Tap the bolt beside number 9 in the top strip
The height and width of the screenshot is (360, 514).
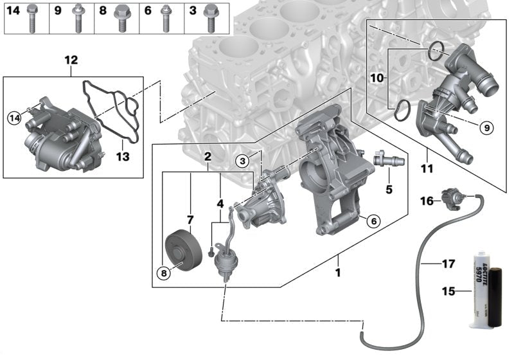[x=77, y=17]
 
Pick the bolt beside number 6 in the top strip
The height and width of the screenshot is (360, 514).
[x=166, y=17]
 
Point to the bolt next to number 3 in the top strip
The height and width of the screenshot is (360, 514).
[x=209, y=17]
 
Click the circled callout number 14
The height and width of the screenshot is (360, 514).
[x=14, y=117]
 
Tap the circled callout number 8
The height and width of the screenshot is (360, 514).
[x=164, y=273]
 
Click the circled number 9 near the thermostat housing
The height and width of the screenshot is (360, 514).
[x=486, y=128]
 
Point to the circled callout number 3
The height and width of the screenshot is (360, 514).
[x=241, y=160]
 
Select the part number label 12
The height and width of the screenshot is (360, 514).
[x=71, y=60]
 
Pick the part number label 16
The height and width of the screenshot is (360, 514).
[x=427, y=201]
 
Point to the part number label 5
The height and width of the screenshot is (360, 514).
[x=388, y=190]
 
